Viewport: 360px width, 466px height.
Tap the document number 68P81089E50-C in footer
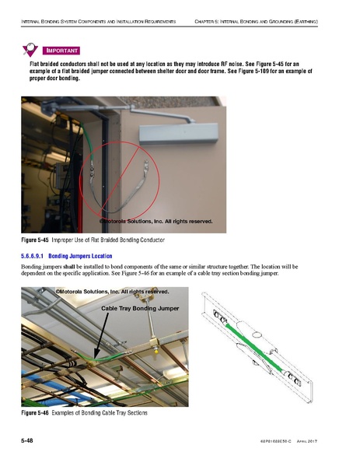(x=267, y=443)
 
